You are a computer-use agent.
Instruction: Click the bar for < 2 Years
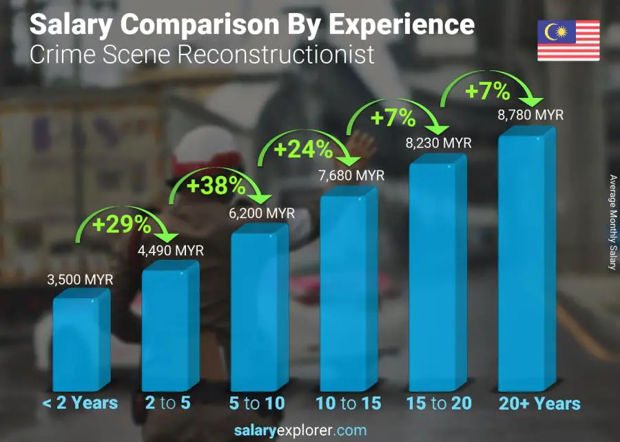(x=81, y=343)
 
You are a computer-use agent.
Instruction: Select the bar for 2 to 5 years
(x=169, y=330)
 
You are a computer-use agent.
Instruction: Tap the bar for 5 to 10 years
(x=258, y=311)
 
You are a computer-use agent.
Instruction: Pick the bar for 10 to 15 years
(x=348, y=290)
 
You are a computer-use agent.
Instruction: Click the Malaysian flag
(x=568, y=40)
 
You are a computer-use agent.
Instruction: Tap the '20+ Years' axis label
(x=539, y=403)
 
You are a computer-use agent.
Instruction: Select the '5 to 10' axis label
(x=258, y=403)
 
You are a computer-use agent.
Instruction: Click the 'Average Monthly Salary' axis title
(x=612, y=222)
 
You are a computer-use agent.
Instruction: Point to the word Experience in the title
(x=401, y=24)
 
